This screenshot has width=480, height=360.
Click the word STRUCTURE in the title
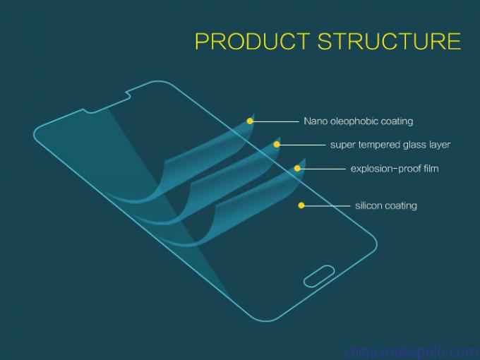pos(389,41)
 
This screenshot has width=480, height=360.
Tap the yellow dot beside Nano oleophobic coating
pos(250,121)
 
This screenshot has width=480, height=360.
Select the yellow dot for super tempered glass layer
pos(277,144)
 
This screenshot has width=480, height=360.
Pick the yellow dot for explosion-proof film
pos(297,169)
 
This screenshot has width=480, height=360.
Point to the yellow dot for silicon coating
pos(301,205)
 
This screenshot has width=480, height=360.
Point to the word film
pos(431,169)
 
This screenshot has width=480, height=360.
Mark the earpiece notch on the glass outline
pos(107,102)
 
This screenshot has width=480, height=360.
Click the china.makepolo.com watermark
pos(411,353)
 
